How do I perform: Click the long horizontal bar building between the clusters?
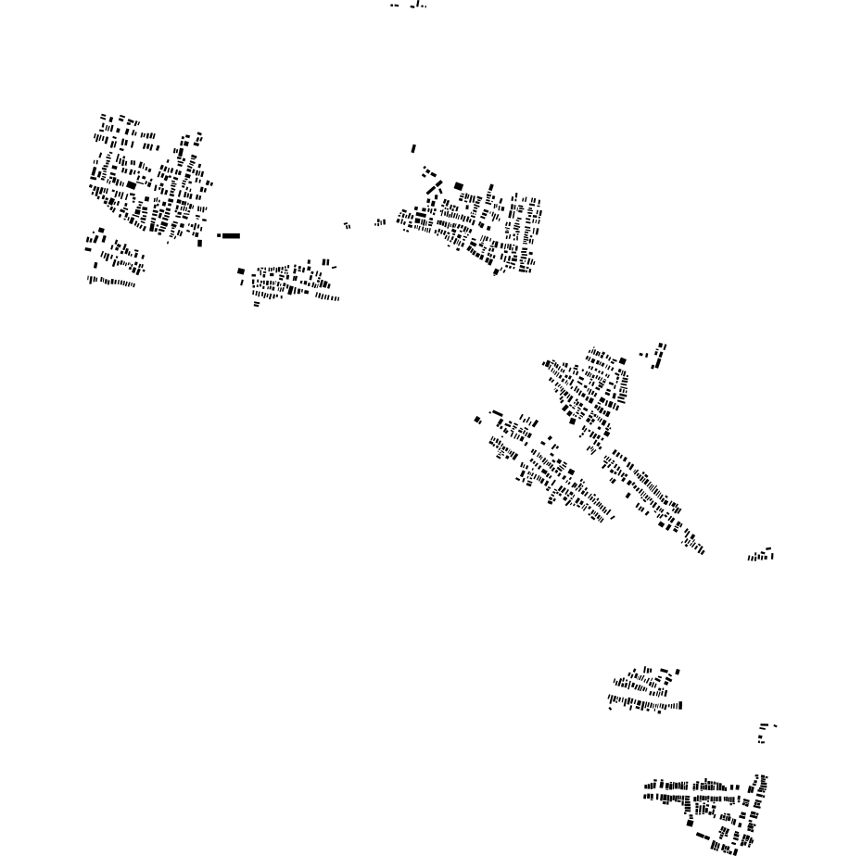[x=231, y=235]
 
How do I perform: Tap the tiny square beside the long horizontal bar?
[x=219, y=235]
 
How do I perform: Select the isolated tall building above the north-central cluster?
[x=413, y=148]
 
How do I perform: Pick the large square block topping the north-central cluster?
[x=458, y=186]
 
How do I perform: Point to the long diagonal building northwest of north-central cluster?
[x=434, y=190]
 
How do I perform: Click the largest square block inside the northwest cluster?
[x=132, y=185]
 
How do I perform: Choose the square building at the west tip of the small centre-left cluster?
[x=241, y=271]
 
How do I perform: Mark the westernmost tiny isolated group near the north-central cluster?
[x=347, y=225]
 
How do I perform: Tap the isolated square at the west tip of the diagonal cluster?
[x=477, y=420]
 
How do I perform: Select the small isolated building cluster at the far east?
[x=761, y=556]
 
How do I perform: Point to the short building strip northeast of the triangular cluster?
[x=658, y=354]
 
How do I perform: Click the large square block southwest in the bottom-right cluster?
[x=690, y=823]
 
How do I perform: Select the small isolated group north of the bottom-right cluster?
[x=764, y=732]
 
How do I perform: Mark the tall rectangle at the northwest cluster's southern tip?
[x=199, y=244]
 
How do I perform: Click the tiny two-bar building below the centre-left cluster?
[x=257, y=304]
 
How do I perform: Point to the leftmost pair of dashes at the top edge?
[x=395, y=6]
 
